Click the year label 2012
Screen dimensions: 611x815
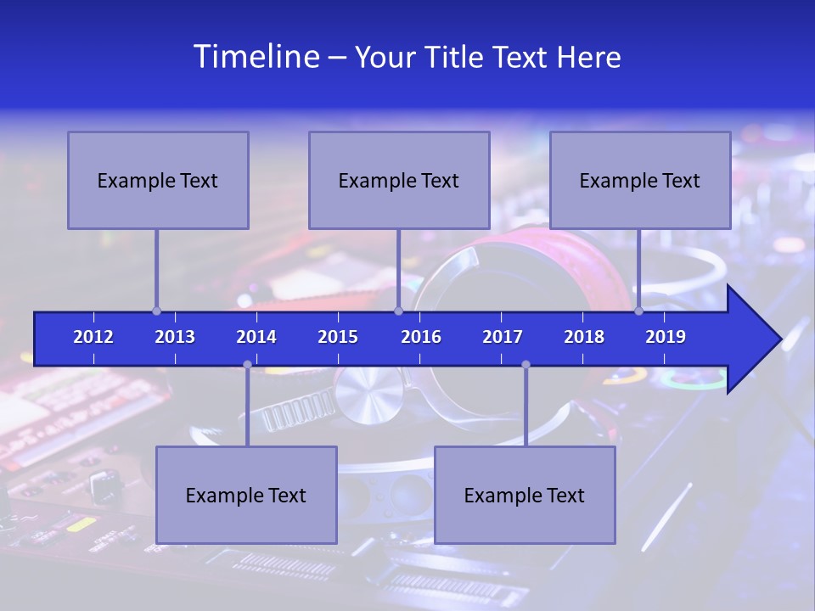pos(93,337)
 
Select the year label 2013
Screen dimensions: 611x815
pos(175,337)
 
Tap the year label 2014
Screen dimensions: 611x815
pos(256,337)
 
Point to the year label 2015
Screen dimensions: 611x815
pos(338,337)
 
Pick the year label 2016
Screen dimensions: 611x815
pos(421,337)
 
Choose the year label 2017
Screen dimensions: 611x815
pos(503,337)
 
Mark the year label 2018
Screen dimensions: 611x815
pos(584,337)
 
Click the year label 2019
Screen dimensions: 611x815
pos(666,337)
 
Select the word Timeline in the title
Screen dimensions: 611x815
pos(256,57)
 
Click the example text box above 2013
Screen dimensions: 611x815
pos(158,180)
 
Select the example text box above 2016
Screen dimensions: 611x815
pos(399,180)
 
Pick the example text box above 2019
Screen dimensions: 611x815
pos(640,180)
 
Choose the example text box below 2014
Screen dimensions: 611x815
pos(246,495)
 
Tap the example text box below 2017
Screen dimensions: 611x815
pos(525,495)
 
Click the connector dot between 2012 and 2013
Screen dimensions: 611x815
pos(157,311)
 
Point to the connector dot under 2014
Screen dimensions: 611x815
pos(247,365)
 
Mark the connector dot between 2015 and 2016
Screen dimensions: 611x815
pos(398,311)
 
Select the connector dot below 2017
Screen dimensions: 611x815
pos(526,365)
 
